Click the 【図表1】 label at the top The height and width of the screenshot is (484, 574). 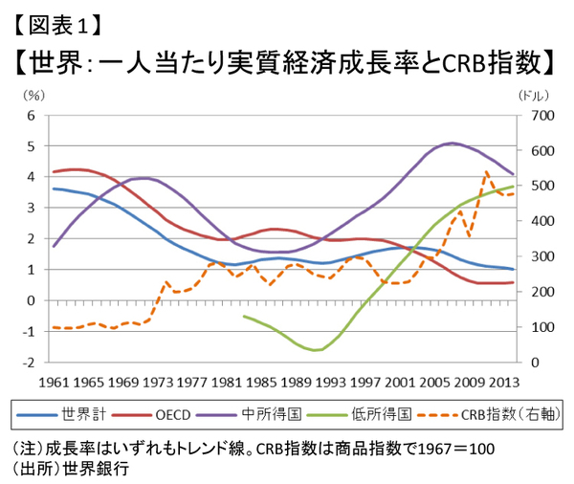click(57, 19)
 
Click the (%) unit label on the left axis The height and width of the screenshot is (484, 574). click(35, 96)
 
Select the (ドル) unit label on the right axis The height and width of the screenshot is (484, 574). click(532, 96)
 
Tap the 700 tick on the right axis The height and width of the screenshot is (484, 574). click(531, 115)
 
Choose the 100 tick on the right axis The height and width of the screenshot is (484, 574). click(531, 327)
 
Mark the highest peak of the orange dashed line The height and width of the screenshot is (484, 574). click(486, 173)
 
